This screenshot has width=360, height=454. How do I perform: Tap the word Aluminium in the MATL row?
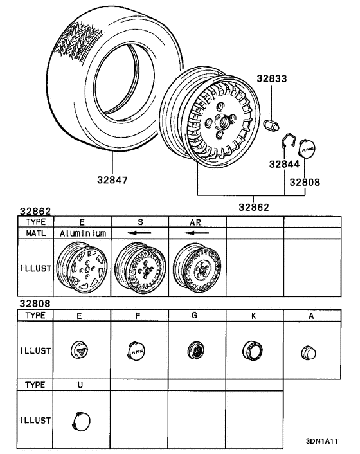83,233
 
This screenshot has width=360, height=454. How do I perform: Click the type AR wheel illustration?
196,272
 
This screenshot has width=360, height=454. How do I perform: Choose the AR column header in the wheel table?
197,221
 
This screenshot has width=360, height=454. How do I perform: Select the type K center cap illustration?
251,350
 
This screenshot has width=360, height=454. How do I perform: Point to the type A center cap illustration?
309,352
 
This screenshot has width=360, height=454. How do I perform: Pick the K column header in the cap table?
254,316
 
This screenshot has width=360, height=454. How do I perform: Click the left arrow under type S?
139,233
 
